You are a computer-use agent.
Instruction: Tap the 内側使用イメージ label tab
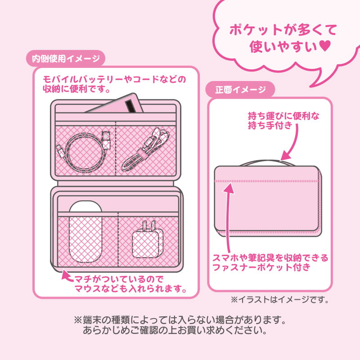click(x=66, y=58)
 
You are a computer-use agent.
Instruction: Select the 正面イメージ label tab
click(x=240, y=89)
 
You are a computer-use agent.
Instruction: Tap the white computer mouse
click(x=85, y=231)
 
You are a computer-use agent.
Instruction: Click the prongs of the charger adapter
click(x=148, y=225)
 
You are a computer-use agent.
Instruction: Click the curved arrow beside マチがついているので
click(x=68, y=275)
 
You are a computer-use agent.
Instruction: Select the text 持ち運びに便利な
click(x=283, y=116)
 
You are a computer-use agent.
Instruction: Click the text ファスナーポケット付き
click(x=261, y=267)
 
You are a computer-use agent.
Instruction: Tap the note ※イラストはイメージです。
click(x=280, y=299)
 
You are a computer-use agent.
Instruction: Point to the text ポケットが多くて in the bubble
click(x=283, y=30)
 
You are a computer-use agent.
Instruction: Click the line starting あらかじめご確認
click(x=175, y=330)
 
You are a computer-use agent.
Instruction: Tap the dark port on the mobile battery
click(x=131, y=106)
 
